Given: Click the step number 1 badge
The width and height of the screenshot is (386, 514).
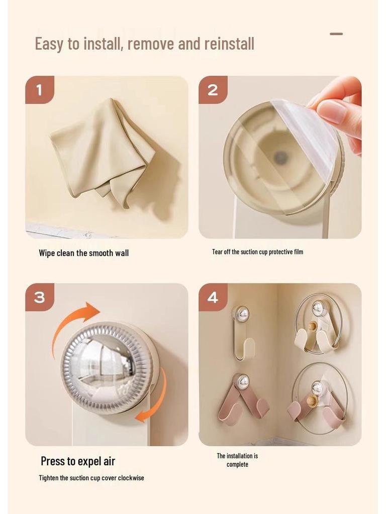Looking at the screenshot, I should [x=39, y=90].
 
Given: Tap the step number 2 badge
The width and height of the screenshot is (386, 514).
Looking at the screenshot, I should [x=213, y=90].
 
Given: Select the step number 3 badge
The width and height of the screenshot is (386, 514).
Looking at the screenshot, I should [x=39, y=297].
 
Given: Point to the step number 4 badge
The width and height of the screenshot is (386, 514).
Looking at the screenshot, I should [x=213, y=297].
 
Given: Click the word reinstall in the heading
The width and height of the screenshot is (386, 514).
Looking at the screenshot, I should [x=229, y=44].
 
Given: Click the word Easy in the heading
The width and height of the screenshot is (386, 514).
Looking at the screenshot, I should [x=50, y=44].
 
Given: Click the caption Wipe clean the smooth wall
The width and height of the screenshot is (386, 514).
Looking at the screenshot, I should [x=83, y=253].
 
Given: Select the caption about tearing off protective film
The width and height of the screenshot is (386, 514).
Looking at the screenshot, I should [x=257, y=251].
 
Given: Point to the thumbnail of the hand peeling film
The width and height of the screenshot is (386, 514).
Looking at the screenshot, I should [x=280, y=157].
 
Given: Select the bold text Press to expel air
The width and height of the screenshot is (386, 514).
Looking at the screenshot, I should [x=78, y=461].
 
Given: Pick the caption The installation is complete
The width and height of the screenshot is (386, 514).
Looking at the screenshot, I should [x=237, y=460].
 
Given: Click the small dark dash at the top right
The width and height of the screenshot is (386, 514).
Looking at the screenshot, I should [x=336, y=34].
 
